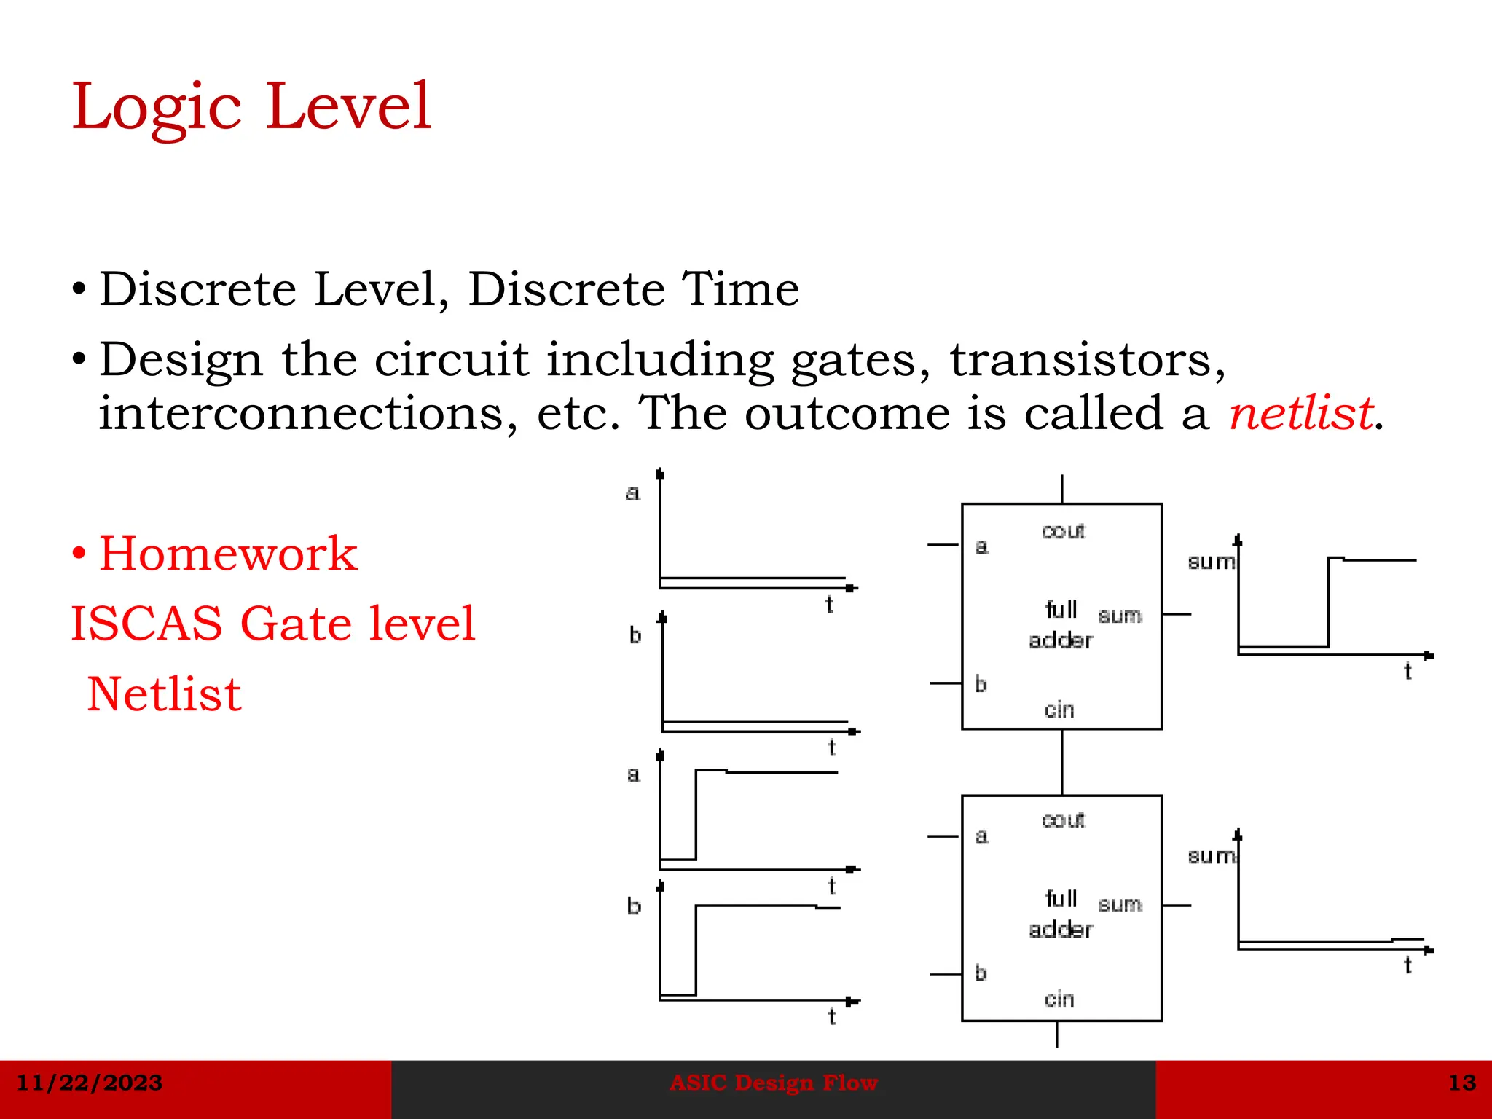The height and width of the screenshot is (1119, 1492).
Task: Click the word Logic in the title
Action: (x=157, y=108)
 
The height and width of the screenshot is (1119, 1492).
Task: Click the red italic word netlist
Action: (x=1301, y=414)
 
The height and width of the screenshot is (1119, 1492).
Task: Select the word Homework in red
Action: (x=228, y=554)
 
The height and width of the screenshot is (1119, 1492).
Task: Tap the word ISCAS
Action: (x=146, y=624)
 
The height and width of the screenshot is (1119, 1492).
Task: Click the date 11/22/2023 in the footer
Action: (x=89, y=1083)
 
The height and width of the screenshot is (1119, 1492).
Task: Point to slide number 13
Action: (x=1461, y=1083)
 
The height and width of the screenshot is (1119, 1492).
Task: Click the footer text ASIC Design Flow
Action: (x=773, y=1083)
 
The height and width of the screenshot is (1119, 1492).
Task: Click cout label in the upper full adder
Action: (x=1063, y=531)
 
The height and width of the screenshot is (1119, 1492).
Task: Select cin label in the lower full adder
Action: (x=1059, y=999)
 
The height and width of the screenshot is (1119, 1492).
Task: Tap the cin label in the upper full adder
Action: (x=1059, y=710)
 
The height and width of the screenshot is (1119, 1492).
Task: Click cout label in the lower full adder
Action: (x=1063, y=820)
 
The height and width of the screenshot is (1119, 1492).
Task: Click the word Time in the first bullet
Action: (x=739, y=289)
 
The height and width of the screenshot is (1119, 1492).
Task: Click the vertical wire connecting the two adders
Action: (x=1061, y=762)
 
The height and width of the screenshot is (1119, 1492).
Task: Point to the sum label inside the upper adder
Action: (x=1120, y=616)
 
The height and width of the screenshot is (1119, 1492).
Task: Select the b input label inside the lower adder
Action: (x=981, y=973)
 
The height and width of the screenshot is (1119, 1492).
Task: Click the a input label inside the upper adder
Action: (x=981, y=546)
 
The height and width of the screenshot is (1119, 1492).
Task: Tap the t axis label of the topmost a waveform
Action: (x=829, y=605)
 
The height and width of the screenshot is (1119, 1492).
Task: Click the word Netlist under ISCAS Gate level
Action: (x=164, y=694)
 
